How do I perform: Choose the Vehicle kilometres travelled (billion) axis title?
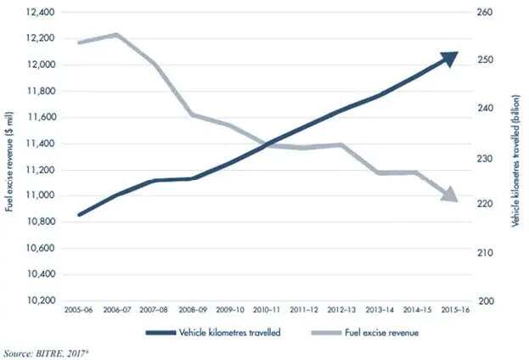pos(516,157)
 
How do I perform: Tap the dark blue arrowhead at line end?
pos(449,57)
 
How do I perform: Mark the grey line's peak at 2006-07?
pos(116,35)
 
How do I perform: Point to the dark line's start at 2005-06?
pos(79,215)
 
